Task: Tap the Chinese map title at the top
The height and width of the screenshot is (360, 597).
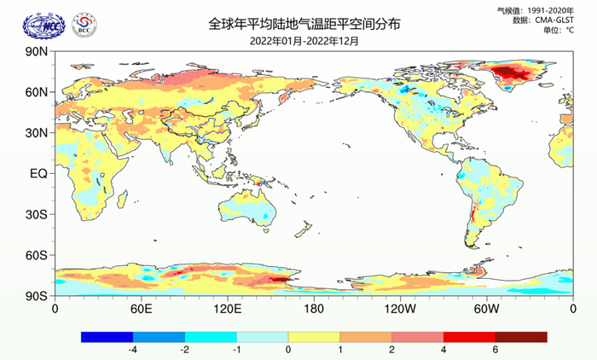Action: coord(299,24)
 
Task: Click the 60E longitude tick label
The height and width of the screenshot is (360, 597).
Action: coord(141,308)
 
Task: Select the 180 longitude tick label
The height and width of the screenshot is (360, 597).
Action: coord(314,308)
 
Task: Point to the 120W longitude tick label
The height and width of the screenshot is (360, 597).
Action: coord(400,308)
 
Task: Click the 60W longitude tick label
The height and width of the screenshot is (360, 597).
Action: coord(486,308)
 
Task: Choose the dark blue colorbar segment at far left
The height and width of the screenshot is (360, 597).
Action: coord(107,337)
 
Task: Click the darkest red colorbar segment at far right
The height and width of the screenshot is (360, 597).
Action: coord(521,337)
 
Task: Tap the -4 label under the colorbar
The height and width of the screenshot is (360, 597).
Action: coord(132,350)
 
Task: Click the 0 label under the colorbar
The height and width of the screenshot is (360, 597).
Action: coord(288,350)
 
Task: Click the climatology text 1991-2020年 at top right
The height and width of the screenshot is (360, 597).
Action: coord(554,10)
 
